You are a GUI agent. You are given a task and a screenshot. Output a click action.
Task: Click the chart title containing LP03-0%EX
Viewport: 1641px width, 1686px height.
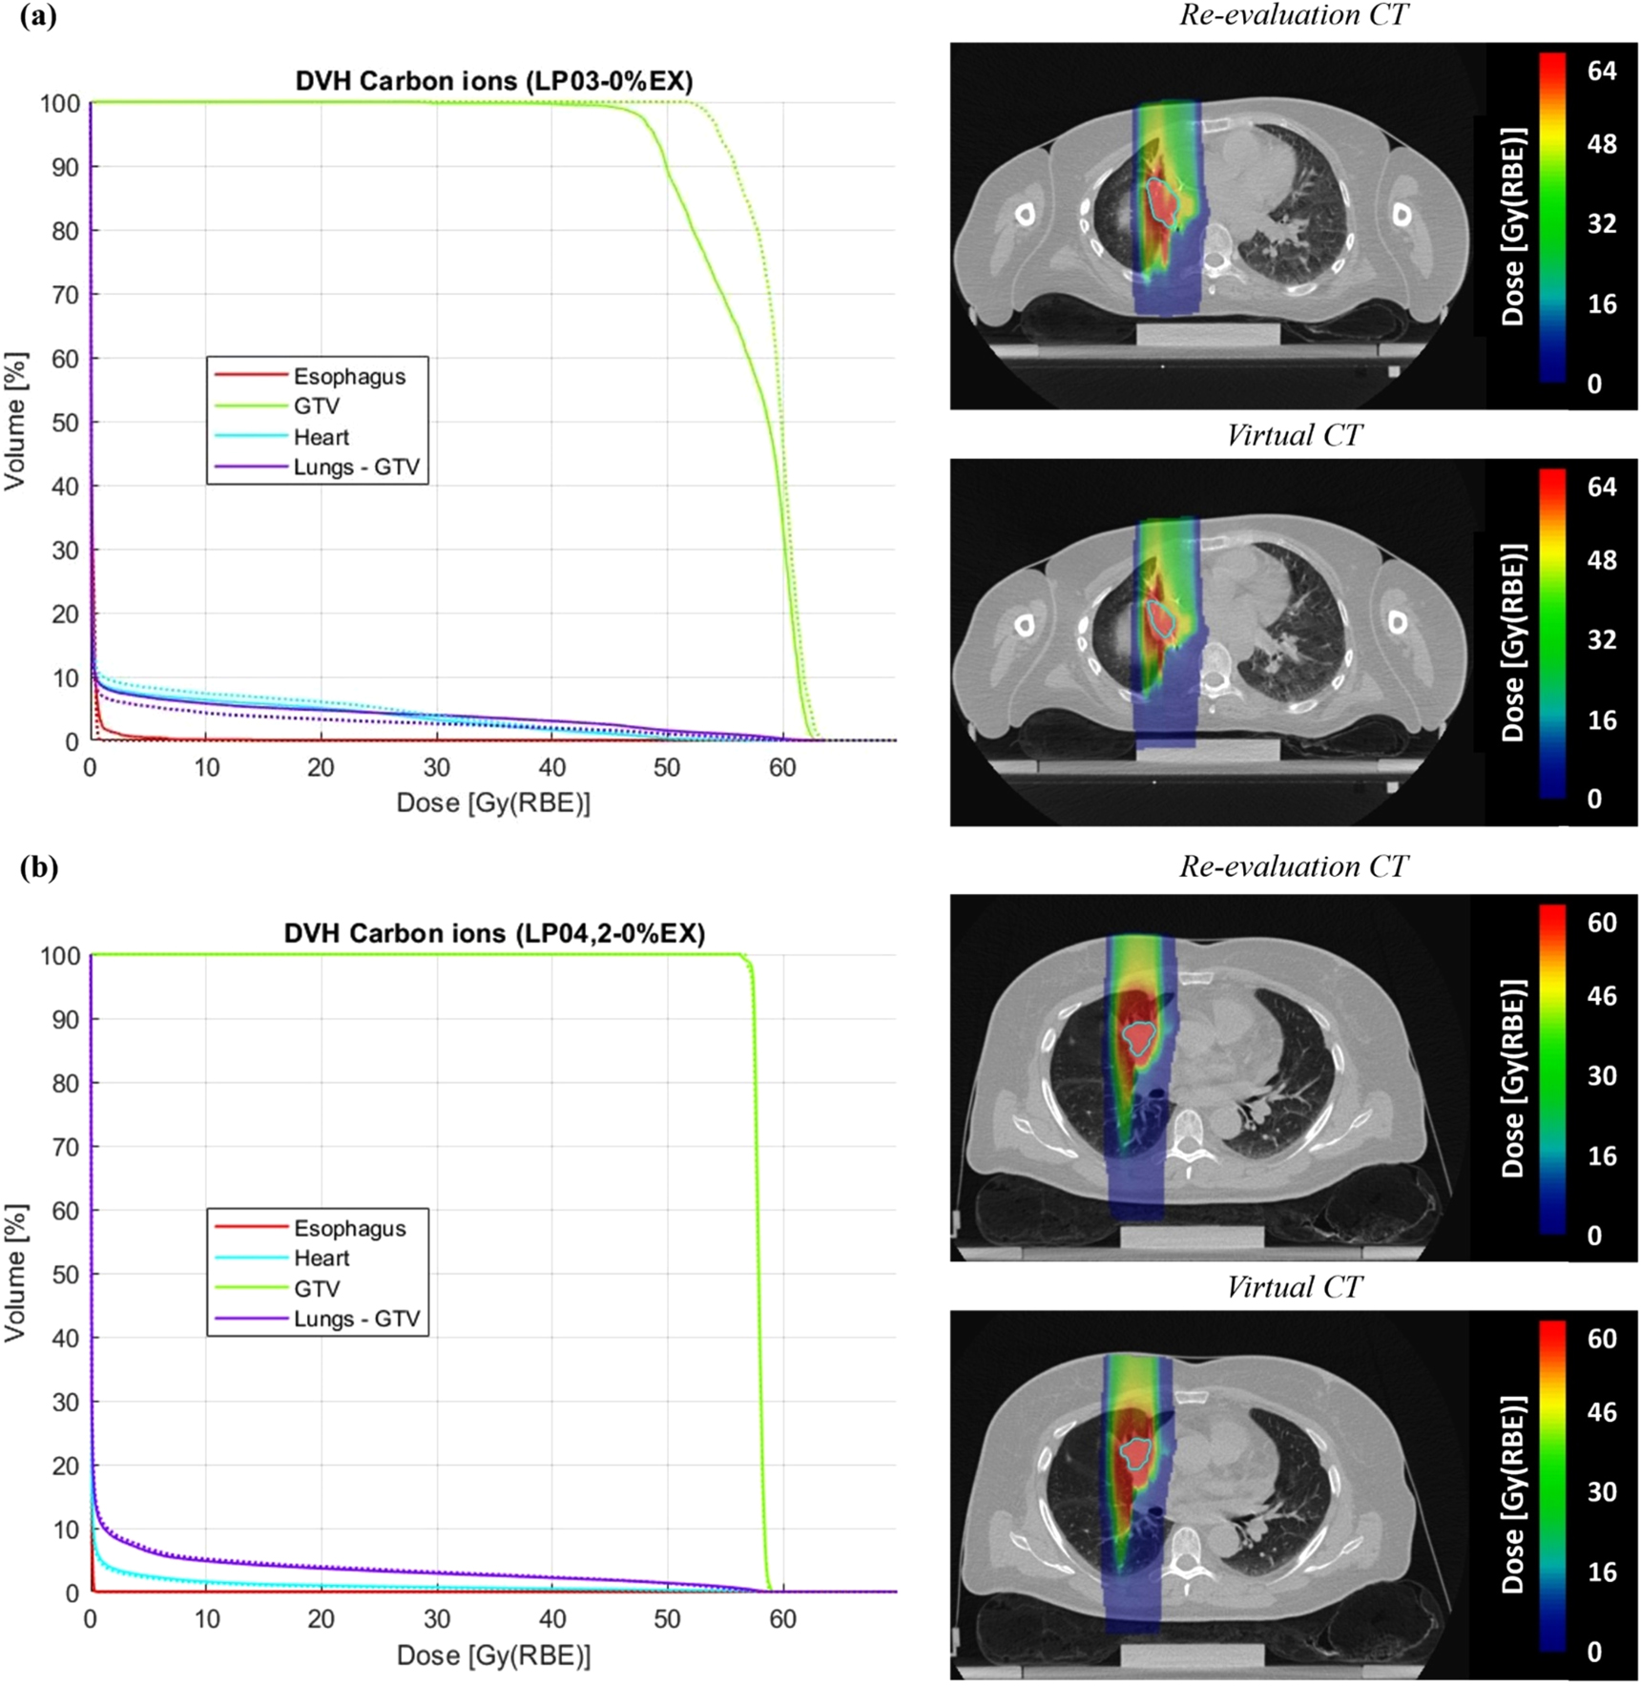[493, 81]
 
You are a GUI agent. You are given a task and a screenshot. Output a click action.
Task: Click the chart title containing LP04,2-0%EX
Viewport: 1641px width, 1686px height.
[493, 933]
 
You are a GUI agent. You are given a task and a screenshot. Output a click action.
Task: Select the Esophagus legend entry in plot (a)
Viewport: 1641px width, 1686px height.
[349, 376]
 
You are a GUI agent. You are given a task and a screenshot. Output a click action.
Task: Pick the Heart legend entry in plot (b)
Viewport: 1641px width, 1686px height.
[322, 1258]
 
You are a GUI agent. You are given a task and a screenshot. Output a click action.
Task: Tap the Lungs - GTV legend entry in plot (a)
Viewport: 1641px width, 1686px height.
[356, 468]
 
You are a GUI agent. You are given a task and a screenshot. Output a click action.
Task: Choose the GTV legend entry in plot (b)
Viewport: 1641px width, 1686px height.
[317, 1288]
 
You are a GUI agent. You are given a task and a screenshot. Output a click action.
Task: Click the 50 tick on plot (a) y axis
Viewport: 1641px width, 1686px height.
[64, 423]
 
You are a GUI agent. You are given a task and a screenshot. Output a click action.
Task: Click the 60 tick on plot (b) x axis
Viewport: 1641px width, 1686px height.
[782, 1619]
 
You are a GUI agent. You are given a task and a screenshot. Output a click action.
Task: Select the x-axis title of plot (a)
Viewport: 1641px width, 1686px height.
[493, 803]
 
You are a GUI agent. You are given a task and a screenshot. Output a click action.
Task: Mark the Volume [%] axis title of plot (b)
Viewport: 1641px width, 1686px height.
[15, 1273]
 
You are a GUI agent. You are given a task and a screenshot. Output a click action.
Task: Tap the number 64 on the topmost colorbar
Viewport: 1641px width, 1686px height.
[1601, 71]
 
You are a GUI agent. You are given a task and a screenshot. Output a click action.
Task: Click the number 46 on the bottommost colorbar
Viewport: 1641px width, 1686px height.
[1601, 1411]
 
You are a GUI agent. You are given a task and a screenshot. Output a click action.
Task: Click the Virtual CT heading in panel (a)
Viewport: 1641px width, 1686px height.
[1294, 435]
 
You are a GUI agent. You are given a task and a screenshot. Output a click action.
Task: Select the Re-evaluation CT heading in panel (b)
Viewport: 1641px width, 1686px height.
[1294, 866]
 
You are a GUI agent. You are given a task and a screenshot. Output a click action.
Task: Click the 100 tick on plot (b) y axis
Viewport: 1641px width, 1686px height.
[58, 955]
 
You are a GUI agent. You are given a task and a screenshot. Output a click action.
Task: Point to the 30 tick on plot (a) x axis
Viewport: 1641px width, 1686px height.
[437, 768]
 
